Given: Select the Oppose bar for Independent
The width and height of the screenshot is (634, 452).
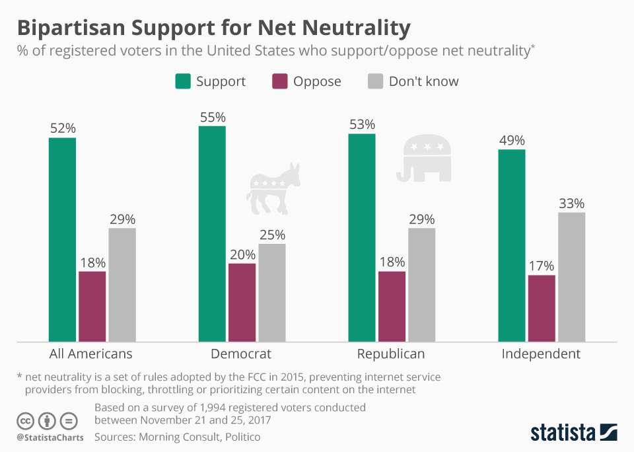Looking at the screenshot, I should pyautogui.click(x=542, y=309).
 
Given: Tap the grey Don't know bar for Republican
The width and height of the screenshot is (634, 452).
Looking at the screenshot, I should pyautogui.click(x=422, y=285).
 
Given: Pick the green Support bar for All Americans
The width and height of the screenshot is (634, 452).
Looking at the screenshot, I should pyautogui.click(x=62, y=240).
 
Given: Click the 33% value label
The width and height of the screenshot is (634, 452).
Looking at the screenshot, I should pyautogui.click(x=571, y=204).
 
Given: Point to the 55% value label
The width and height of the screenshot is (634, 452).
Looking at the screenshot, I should pyautogui.click(x=212, y=117).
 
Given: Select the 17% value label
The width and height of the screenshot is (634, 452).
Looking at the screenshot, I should pyautogui.click(x=542, y=266).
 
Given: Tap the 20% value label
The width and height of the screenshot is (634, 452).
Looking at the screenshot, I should pyautogui.click(x=242, y=254).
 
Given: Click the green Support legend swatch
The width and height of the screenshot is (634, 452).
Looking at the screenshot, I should pyautogui.click(x=182, y=81).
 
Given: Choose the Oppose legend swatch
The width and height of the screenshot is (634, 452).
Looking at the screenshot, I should pyautogui.click(x=279, y=81).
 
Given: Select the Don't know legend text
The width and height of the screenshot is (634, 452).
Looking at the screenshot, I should pyautogui.click(x=423, y=81).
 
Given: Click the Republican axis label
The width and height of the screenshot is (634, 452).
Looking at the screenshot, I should pyautogui.click(x=391, y=354).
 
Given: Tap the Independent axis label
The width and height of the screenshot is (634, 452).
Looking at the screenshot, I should pyautogui.click(x=541, y=354).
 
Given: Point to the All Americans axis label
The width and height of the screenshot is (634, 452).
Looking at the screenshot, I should pyautogui.click(x=91, y=354).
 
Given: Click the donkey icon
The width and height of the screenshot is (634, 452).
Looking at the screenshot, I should pyautogui.click(x=273, y=188).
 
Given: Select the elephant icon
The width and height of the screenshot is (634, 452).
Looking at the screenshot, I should pyautogui.click(x=424, y=159).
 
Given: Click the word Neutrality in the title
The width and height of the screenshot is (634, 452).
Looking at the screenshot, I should pyautogui.click(x=353, y=28).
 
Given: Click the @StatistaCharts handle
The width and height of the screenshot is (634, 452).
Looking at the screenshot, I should pyautogui.click(x=50, y=437).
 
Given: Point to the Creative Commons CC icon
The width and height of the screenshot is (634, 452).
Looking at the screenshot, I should pyautogui.click(x=25, y=421).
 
